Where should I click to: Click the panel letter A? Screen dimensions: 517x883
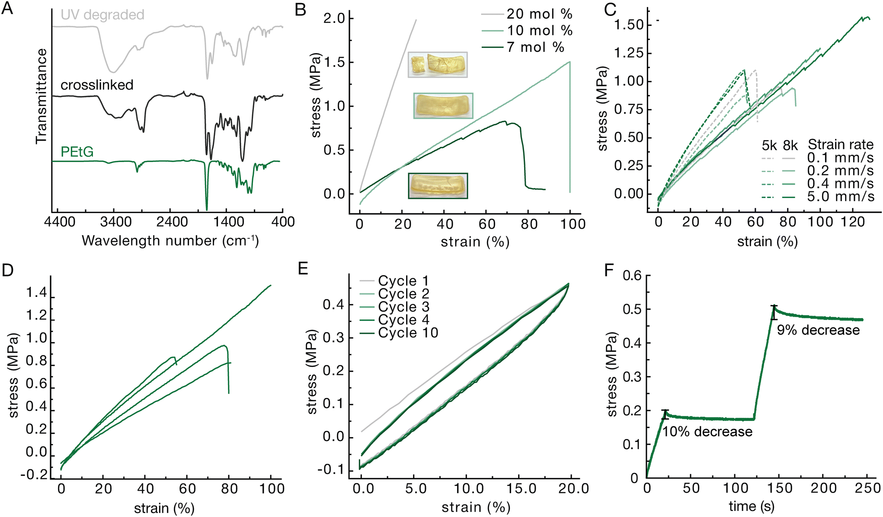[8, 9]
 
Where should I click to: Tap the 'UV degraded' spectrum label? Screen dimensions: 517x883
[102, 15]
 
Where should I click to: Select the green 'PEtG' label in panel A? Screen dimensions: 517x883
[77, 152]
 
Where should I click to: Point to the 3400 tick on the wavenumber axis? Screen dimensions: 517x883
[115, 222]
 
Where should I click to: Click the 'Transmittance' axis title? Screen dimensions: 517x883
[42, 96]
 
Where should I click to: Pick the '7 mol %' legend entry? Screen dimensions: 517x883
[535, 47]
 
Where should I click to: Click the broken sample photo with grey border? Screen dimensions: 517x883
[438, 65]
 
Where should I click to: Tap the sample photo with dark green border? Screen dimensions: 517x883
[438, 186]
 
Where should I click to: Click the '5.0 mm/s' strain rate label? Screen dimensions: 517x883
[840, 197]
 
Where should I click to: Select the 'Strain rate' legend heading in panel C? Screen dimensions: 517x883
[841, 144]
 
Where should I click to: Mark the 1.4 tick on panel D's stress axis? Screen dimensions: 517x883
[37, 293]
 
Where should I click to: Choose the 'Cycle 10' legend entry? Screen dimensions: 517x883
[408, 333]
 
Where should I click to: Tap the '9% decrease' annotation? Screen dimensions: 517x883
[818, 330]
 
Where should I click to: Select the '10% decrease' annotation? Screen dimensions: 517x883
[707, 431]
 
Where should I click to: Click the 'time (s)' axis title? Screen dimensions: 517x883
[752, 506]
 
